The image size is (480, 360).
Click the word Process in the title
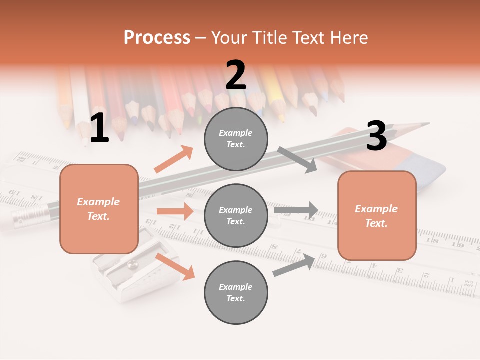coord(157,38)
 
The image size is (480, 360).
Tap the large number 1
coord(99,128)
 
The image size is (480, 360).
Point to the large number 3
coord(376,136)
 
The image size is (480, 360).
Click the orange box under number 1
coord(99,209)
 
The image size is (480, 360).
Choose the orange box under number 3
coord(377,215)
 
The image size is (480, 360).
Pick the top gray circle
coord(236,138)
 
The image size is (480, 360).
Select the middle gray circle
coord(236,215)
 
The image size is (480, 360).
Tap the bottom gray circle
coord(236,292)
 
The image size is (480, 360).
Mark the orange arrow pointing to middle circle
coord(175,211)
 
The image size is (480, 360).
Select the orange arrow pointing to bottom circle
coord(175,266)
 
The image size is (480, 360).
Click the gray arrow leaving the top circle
coord(297,159)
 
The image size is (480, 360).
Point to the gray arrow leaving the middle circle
coord(296,210)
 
